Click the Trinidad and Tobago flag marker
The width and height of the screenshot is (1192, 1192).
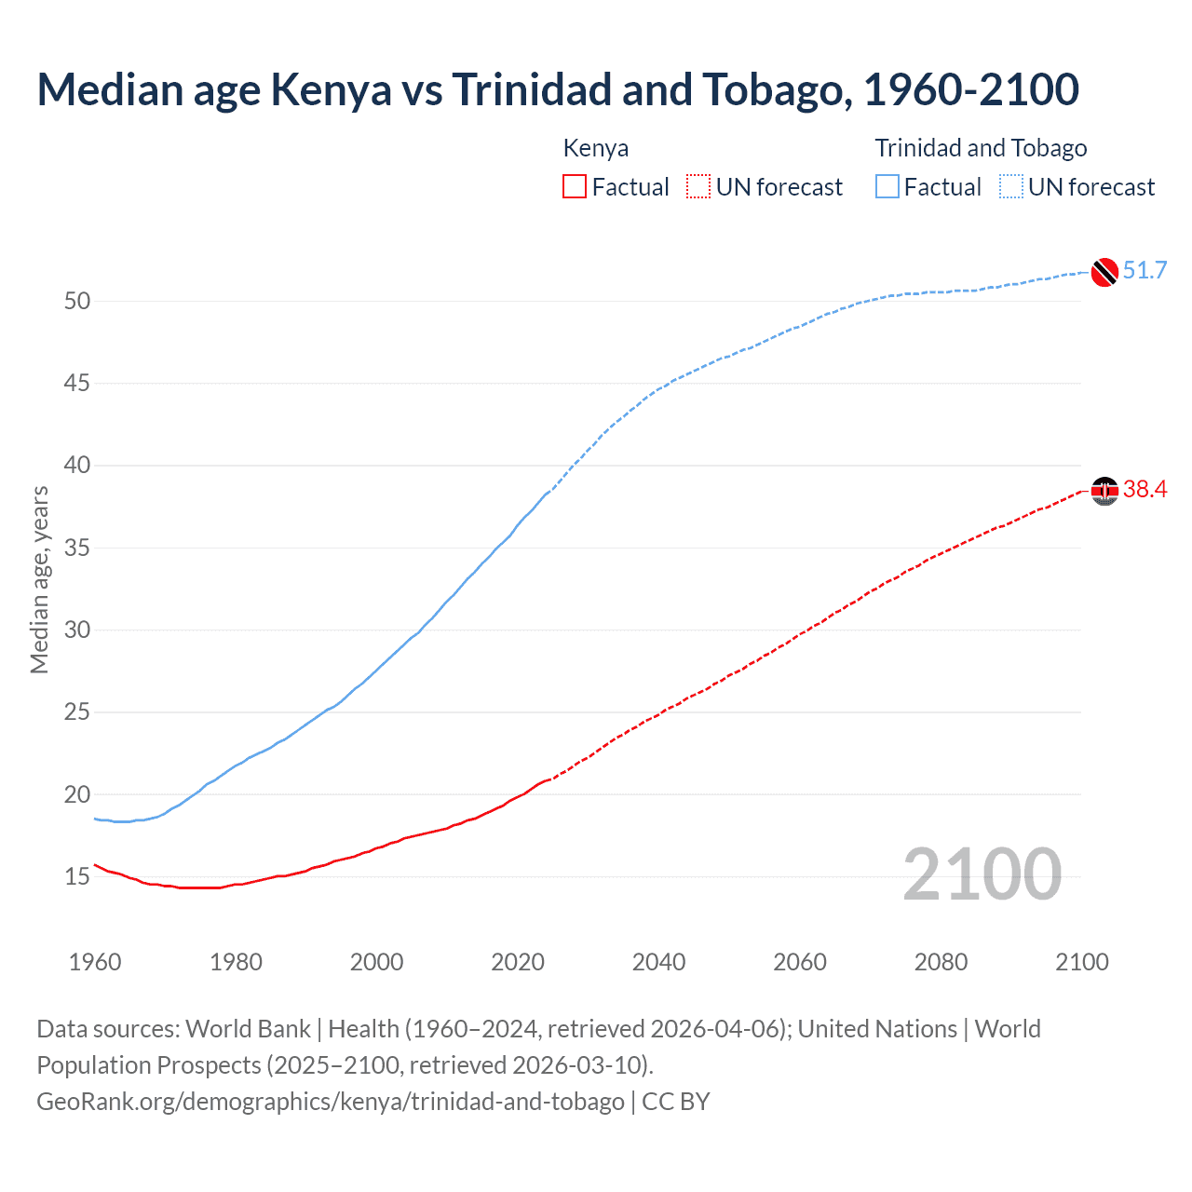coord(1104,271)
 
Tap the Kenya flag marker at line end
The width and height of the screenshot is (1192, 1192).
coord(1104,490)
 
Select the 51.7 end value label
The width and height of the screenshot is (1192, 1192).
coord(1145,270)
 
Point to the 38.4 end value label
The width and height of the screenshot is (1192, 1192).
coord(1145,489)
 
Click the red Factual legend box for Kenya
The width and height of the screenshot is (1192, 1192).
coord(575,187)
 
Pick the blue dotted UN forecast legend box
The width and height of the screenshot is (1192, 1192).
coord(1011,187)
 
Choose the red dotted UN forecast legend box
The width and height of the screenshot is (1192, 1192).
coord(698,187)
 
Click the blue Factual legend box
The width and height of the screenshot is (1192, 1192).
coord(887,187)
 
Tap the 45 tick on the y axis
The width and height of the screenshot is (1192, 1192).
coord(77,383)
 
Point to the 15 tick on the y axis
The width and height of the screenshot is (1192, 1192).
coord(77,876)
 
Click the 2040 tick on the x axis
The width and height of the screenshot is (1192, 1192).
coord(658,962)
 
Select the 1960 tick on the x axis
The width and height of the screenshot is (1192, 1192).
coord(95,962)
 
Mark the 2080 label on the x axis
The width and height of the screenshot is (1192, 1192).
coord(941,962)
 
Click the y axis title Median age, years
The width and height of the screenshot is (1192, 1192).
coord(39,579)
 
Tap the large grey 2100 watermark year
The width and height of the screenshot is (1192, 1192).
coord(982,874)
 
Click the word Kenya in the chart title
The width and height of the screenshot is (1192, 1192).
coord(331,89)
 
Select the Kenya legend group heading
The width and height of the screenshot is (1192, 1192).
coord(596,148)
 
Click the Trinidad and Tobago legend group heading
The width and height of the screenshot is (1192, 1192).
coord(981,148)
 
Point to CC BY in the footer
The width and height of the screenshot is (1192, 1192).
coord(676,1101)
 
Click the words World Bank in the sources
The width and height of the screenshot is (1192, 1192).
coord(248,1029)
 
